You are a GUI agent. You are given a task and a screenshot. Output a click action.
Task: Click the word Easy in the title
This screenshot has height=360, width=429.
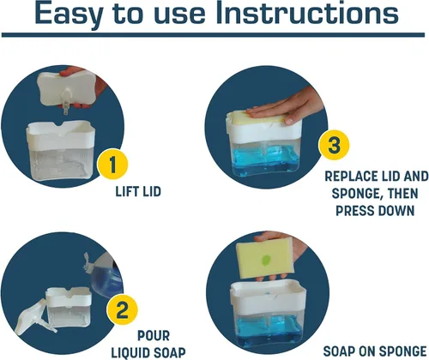(69, 15)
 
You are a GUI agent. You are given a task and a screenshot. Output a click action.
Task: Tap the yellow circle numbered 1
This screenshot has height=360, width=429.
(112, 164)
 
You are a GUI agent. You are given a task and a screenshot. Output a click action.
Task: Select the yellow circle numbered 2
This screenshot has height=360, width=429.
(123, 309)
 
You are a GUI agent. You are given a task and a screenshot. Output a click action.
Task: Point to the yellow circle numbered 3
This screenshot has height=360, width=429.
(334, 145)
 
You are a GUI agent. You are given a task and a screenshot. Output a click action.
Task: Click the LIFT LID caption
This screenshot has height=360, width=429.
(138, 191)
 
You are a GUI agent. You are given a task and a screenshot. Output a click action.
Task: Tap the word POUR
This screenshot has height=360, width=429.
(154, 336)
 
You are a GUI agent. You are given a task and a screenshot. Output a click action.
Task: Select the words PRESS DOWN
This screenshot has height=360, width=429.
(375, 211)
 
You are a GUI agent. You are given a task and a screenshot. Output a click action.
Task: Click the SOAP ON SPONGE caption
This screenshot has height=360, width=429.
(375, 351)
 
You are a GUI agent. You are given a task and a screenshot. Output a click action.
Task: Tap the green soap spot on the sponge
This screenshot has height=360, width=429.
(266, 261)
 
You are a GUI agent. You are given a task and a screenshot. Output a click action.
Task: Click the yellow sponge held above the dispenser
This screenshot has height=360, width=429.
(265, 258)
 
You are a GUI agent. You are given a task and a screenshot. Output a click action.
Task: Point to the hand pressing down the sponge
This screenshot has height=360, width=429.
(286, 109)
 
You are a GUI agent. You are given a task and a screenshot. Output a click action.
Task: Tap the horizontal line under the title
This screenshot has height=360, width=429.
(213, 35)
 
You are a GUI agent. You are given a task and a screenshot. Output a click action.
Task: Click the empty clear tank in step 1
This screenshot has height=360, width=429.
(62, 164)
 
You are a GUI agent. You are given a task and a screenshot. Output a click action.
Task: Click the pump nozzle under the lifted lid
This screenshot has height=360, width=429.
(66, 102)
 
